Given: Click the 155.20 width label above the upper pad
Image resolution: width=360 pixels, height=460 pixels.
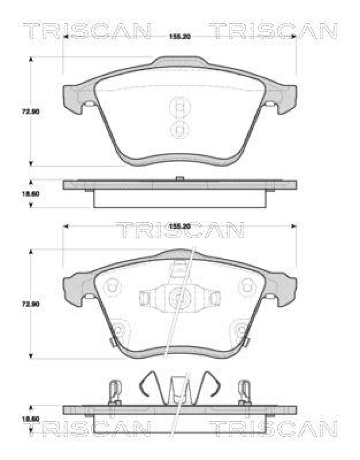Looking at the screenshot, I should [179, 36].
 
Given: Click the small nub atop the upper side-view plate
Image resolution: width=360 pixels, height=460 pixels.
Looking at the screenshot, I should [179, 179].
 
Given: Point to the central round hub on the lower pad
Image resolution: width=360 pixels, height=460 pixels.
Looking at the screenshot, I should [179, 298].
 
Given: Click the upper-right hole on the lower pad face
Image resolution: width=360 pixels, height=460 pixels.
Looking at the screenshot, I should [248, 286].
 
